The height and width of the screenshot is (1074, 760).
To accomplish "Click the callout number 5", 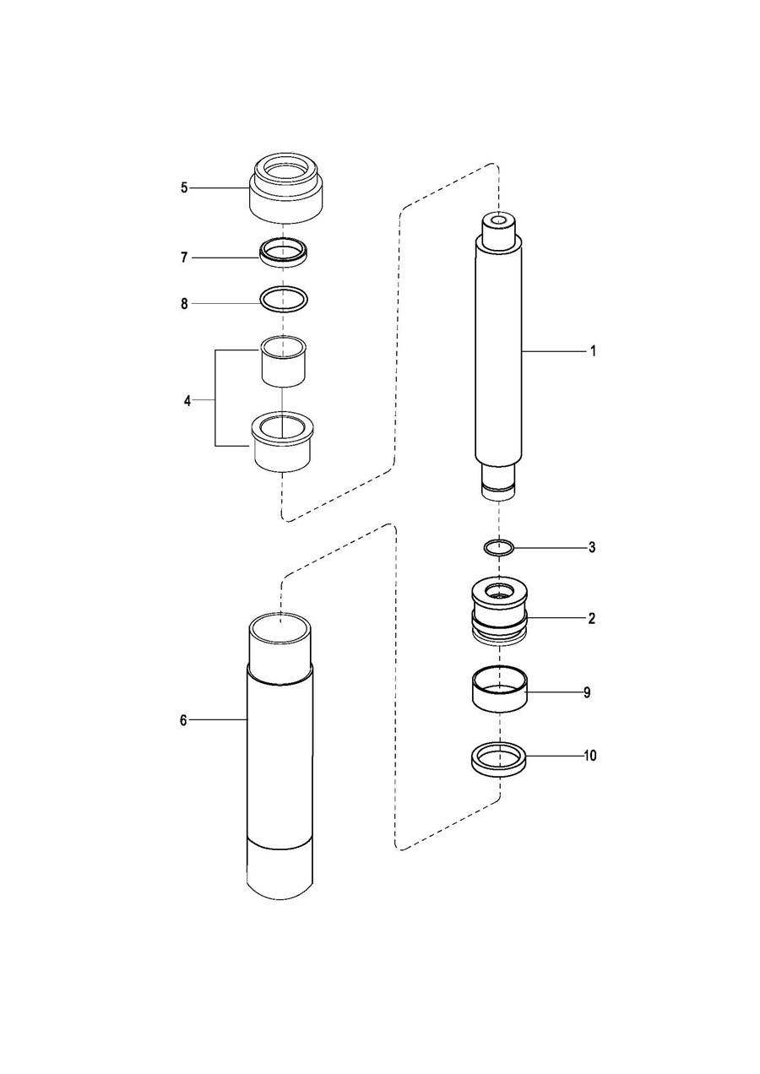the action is pos(184,187).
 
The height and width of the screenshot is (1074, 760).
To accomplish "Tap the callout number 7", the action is pos(184,258).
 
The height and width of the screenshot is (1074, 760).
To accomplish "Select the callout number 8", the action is pos(184,303).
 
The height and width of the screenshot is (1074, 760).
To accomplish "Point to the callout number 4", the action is pos(187,400).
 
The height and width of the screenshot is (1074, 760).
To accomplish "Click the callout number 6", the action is pos(183,719).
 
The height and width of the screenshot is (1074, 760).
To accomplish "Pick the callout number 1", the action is pos(593,351).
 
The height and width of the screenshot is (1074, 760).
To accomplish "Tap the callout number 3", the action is pos(592,547).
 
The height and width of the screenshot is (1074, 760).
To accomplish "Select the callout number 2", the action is pos(592,619).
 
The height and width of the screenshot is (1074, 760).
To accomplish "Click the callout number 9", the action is pos(587,692).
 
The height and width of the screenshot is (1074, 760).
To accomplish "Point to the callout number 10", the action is pos(590,756).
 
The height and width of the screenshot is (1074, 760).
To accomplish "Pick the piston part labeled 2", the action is pos(500,621).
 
